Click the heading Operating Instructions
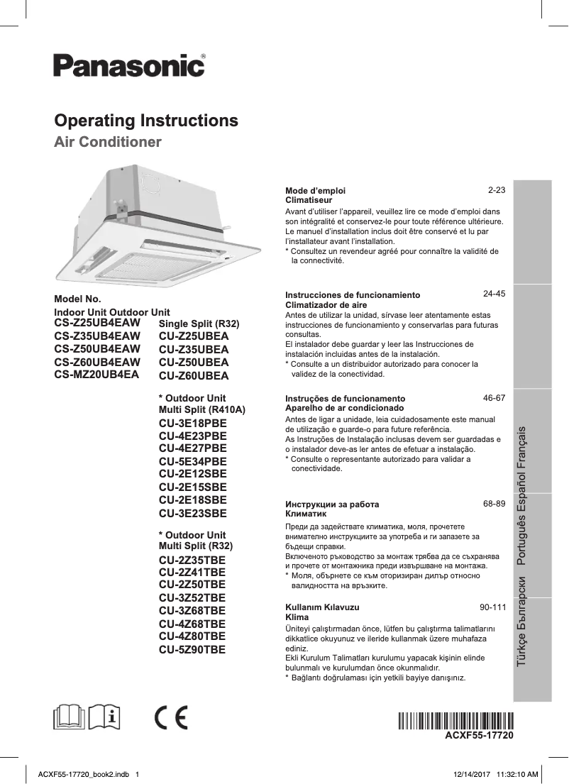point(146,120)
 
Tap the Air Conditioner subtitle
point(108,142)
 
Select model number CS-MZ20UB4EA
point(96,374)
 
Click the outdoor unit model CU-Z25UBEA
point(194,336)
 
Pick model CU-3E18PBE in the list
point(193,423)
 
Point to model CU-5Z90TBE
point(192,649)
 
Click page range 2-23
point(496,191)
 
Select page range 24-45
point(494,293)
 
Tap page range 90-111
point(492,607)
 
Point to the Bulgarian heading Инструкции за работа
point(332,504)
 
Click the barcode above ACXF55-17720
point(455,720)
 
